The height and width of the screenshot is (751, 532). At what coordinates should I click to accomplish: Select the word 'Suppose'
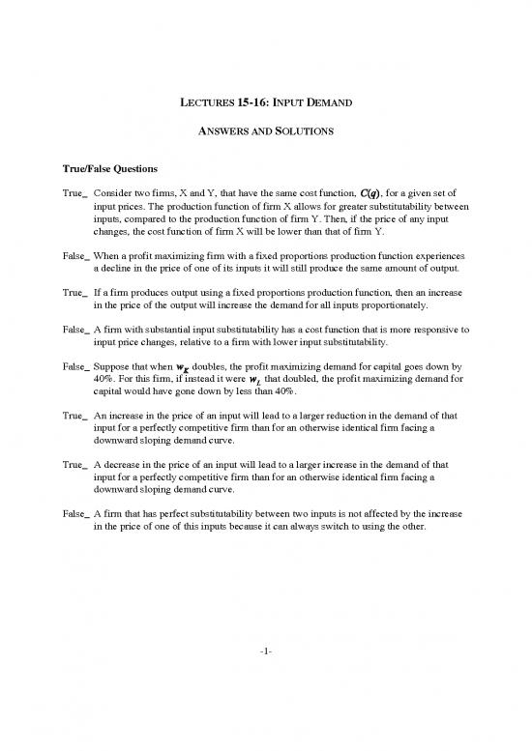point(114,367)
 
